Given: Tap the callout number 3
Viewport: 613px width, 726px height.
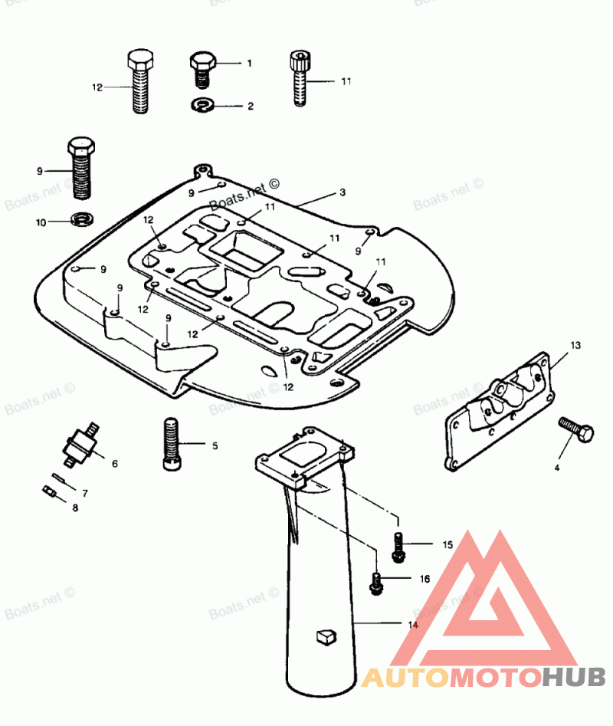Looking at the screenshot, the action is pos(343,192).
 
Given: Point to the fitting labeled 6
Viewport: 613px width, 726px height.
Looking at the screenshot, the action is pos(80,444).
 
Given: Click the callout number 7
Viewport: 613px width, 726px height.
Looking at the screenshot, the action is pos(85,493).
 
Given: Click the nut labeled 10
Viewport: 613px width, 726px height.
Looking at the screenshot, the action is pos(80,221).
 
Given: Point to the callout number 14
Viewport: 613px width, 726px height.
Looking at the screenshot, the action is pos(413,626).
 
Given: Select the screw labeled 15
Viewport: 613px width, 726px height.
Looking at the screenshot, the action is pos(398,545).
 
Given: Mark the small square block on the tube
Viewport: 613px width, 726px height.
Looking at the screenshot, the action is pos(326,635).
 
